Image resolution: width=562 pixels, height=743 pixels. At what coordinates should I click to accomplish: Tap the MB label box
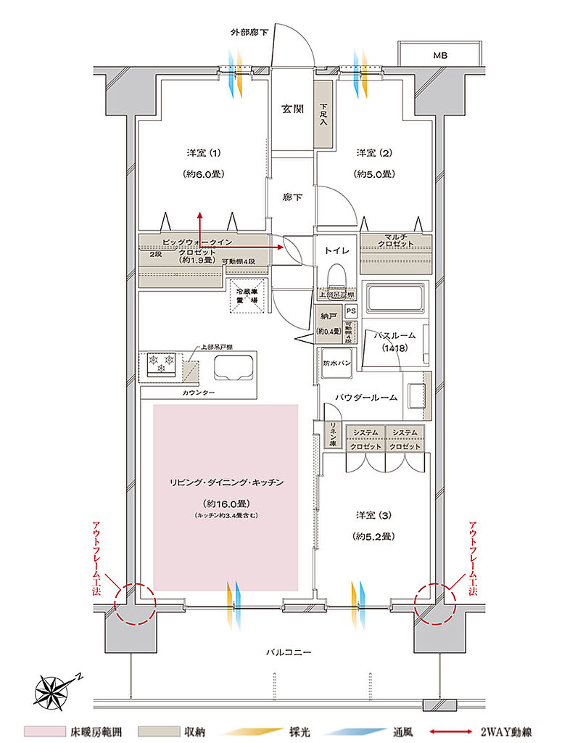click(440, 55)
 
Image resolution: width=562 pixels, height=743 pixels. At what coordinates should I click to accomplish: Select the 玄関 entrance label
click(293, 110)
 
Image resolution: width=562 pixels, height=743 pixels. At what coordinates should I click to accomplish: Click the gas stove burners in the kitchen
click(161, 363)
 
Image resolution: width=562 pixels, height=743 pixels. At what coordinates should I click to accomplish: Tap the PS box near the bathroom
click(351, 311)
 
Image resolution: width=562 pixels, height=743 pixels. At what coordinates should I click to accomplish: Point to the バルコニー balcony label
click(288, 652)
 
